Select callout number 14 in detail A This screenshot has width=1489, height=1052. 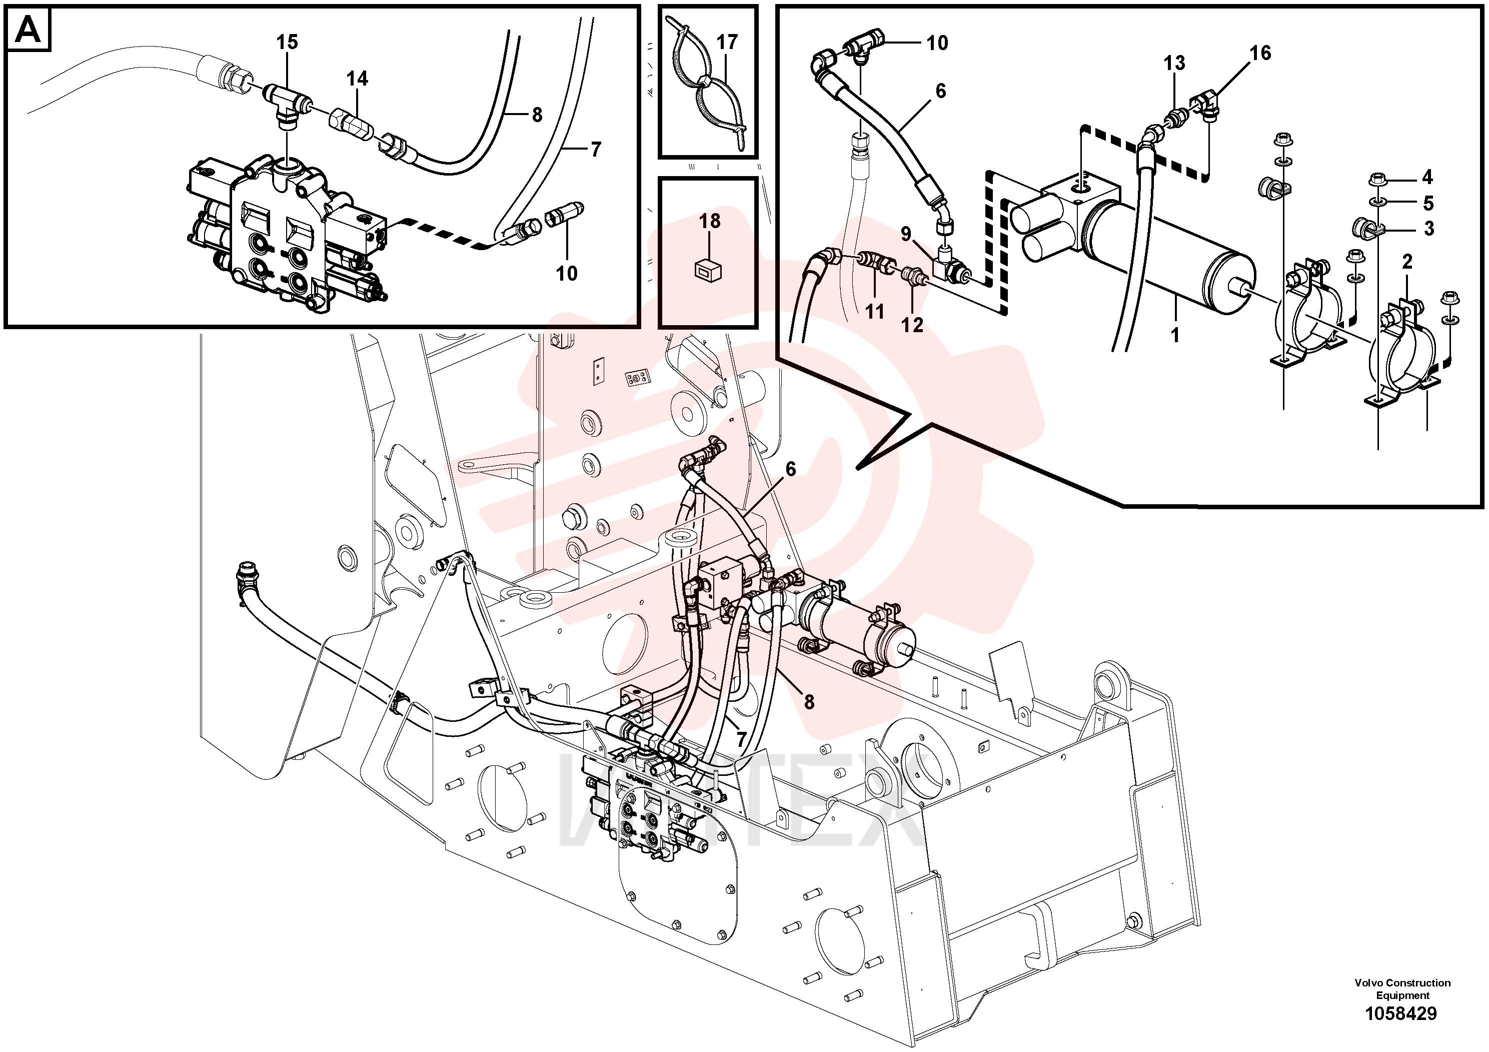click(x=357, y=79)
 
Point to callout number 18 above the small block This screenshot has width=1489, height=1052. click(x=709, y=221)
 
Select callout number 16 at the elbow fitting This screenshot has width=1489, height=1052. click(x=1260, y=53)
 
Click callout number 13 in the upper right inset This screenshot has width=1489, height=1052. click(x=1174, y=64)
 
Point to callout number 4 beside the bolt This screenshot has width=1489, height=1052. click(x=1427, y=177)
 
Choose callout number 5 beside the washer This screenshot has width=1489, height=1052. click(x=1428, y=204)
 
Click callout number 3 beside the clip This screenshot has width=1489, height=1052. click(x=1428, y=229)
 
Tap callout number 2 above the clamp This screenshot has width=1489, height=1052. click(x=1406, y=262)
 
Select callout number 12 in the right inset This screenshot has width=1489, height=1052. click(x=912, y=325)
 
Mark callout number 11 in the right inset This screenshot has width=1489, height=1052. click(x=875, y=312)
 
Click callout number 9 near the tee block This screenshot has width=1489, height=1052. click(x=906, y=234)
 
